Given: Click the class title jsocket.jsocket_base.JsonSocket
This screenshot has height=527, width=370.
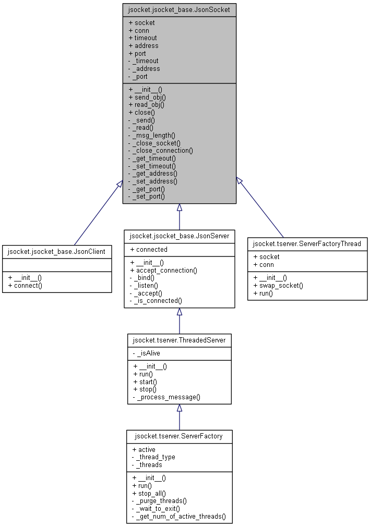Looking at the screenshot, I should (x=179, y=9).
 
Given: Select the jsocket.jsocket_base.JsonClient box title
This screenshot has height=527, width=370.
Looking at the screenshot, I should (x=56, y=251).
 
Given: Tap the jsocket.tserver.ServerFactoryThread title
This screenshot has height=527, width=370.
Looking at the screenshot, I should (x=307, y=243).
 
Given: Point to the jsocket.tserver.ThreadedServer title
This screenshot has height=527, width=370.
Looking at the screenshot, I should (x=179, y=340).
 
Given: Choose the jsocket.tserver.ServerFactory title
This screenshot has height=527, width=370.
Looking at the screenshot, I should (x=179, y=436).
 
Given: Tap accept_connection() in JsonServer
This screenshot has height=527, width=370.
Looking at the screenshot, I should (x=163, y=270).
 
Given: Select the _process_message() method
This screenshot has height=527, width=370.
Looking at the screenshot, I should (x=166, y=397).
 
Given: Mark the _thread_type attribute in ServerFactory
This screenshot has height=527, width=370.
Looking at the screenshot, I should (x=153, y=457).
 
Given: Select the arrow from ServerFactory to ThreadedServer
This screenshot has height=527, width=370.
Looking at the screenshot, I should (x=179, y=417).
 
